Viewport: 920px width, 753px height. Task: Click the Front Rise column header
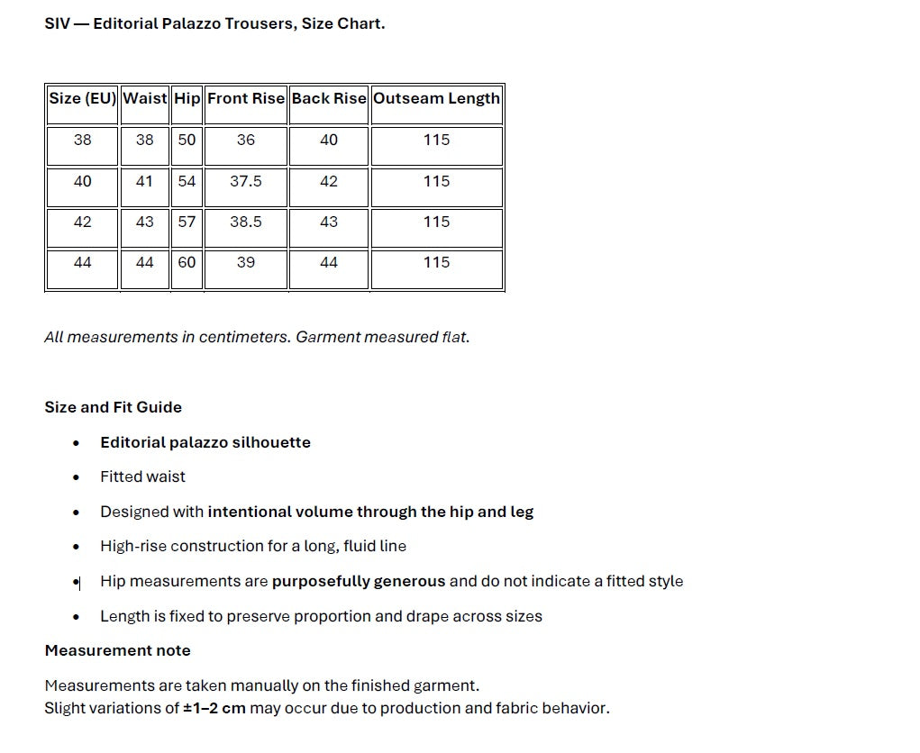[x=246, y=98]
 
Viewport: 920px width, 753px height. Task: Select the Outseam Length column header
[x=436, y=98]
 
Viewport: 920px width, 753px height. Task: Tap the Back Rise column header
[x=329, y=98]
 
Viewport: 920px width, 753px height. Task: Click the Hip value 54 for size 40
[x=187, y=181]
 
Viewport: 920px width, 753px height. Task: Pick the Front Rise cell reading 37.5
[x=246, y=181]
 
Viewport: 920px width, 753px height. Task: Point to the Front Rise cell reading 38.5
[x=246, y=222]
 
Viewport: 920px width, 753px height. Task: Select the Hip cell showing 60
[x=187, y=262]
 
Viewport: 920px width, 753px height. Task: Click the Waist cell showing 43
[x=144, y=222]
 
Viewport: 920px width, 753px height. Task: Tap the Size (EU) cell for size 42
[x=82, y=222]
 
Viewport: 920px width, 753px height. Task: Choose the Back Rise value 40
[x=329, y=140]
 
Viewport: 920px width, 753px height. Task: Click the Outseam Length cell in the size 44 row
[x=436, y=262]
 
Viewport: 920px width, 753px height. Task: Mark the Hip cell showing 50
[x=187, y=140]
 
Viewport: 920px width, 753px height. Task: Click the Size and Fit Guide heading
[x=114, y=407]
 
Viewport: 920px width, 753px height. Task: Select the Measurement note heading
[x=118, y=650]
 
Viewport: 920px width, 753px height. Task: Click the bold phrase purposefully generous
[x=359, y=581]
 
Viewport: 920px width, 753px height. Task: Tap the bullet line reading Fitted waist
[x=142, y=476]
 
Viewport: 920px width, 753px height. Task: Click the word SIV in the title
[x=57, y=23]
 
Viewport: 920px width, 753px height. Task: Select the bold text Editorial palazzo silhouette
[x=205, y=442]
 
